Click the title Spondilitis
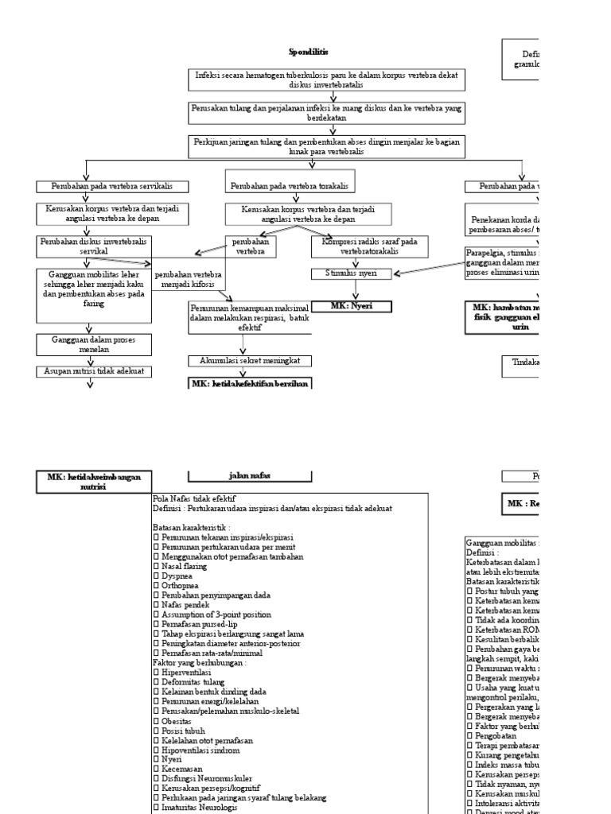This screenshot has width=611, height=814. (x=308, y=52)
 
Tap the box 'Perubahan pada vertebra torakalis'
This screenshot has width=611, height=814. (x=289, y=186)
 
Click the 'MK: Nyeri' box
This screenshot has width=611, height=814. (x=351, y=304)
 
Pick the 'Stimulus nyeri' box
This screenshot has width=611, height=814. (x=351, y=274)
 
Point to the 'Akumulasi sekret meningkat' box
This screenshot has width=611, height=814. (x=250, y=360)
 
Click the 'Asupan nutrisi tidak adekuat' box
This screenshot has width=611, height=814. (x=90, y=371)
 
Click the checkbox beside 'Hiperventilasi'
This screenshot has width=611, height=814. (x=156, y=672)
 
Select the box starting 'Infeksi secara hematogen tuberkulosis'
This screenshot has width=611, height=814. (x=327, y=79)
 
